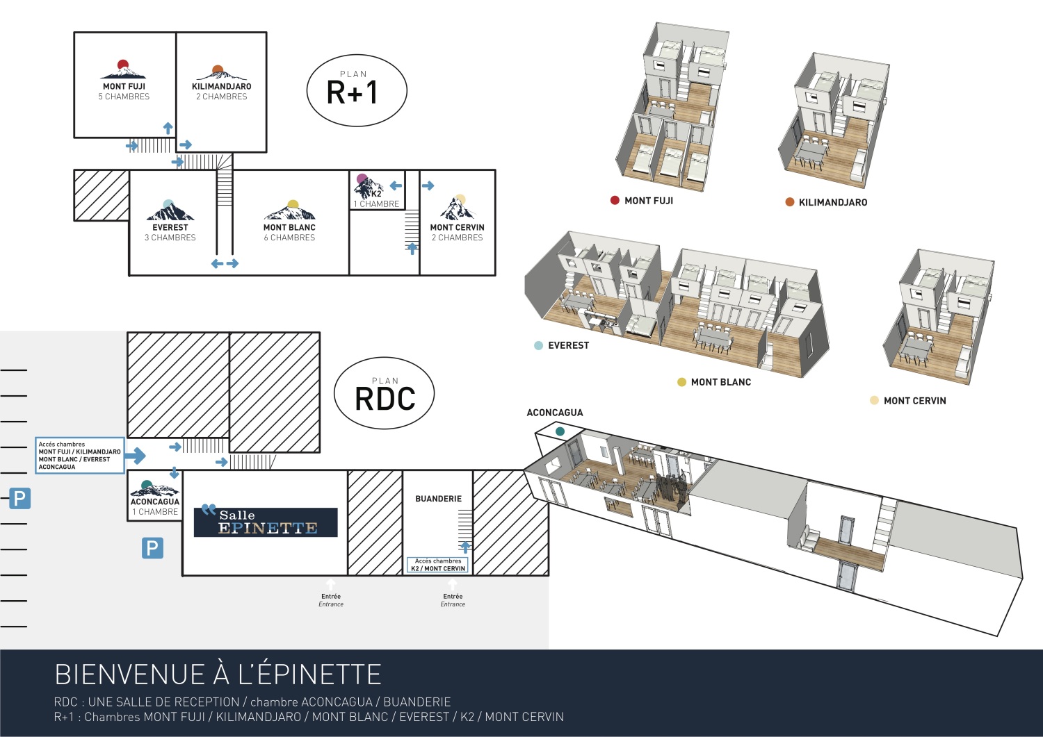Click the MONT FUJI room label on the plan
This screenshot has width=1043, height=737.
[124, 91]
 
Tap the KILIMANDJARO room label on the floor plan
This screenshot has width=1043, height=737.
[221, 91]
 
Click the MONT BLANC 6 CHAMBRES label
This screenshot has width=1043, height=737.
[289, 232]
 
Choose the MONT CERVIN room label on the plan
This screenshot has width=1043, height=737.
[457, 232]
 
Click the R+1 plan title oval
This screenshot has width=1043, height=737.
[356, 90]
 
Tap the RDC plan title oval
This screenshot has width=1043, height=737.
[385, 394]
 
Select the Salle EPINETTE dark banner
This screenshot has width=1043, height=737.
[266, 522]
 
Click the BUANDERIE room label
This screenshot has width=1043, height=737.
[438, 499]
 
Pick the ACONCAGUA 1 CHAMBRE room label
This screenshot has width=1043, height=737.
[155, 506]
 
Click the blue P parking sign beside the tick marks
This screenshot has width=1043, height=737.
[19, 498]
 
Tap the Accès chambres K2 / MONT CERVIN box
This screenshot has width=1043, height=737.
[438, 565]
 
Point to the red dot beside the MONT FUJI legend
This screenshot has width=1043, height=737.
[615, 201]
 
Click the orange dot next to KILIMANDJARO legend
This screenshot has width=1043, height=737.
[790, 202]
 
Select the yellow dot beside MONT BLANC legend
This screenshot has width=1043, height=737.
[681, 382]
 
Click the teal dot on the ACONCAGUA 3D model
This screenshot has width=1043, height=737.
[560, 432]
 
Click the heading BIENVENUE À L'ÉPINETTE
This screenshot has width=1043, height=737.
[218, 674]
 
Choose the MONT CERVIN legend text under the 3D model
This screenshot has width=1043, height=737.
[914, 401]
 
